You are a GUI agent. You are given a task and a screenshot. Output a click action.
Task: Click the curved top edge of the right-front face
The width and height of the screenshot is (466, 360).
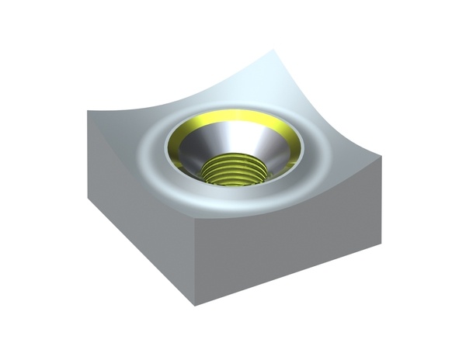pyautogui.click(x=295, y=201)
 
